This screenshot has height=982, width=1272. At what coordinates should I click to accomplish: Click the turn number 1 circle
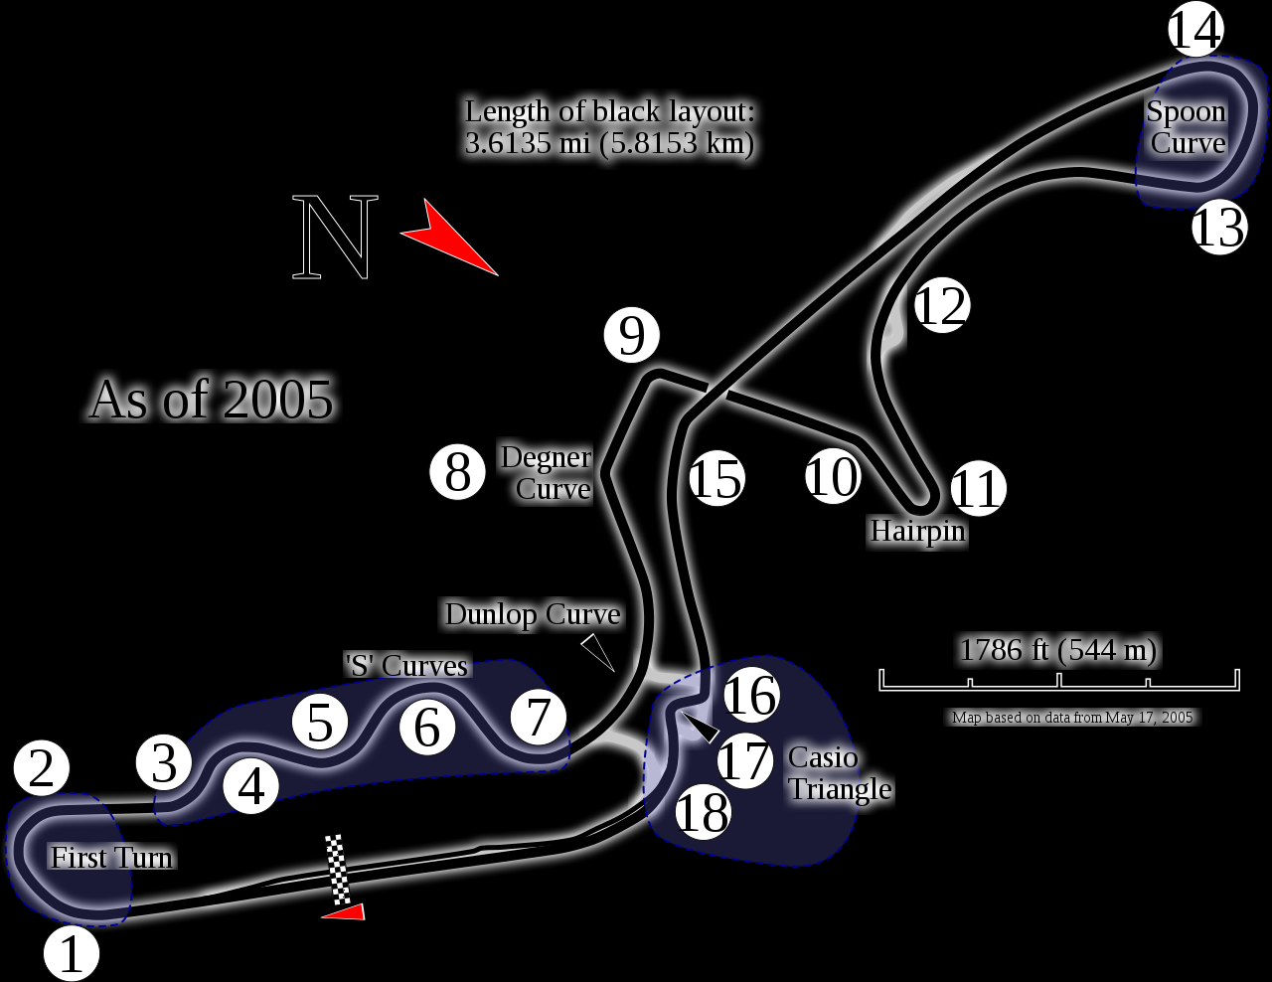(72, 953)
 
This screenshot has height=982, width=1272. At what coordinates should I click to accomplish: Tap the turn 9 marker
(632, 335)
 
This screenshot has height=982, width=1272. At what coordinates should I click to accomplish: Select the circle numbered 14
(1194, 30)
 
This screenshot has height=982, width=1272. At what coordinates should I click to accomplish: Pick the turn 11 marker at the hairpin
(978, 489)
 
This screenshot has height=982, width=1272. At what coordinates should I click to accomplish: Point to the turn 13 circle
(1219, 227)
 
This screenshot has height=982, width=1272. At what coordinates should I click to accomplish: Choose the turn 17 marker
(745, 760)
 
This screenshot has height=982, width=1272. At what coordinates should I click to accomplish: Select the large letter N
(336, 239)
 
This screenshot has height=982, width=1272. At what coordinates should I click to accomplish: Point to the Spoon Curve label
(1187, 127)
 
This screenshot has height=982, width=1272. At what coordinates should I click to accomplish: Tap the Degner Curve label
(548, 472)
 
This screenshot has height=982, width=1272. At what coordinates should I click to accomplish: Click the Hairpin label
(917, 531)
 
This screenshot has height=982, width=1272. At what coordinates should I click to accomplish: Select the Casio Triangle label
(838, 773)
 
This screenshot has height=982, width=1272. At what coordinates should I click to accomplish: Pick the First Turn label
(111, 857)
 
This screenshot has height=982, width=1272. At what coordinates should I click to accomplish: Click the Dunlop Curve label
(533, 614)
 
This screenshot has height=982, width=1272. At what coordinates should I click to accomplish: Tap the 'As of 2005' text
(211, 400)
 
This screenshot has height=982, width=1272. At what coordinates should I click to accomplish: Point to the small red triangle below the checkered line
(346, 911)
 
